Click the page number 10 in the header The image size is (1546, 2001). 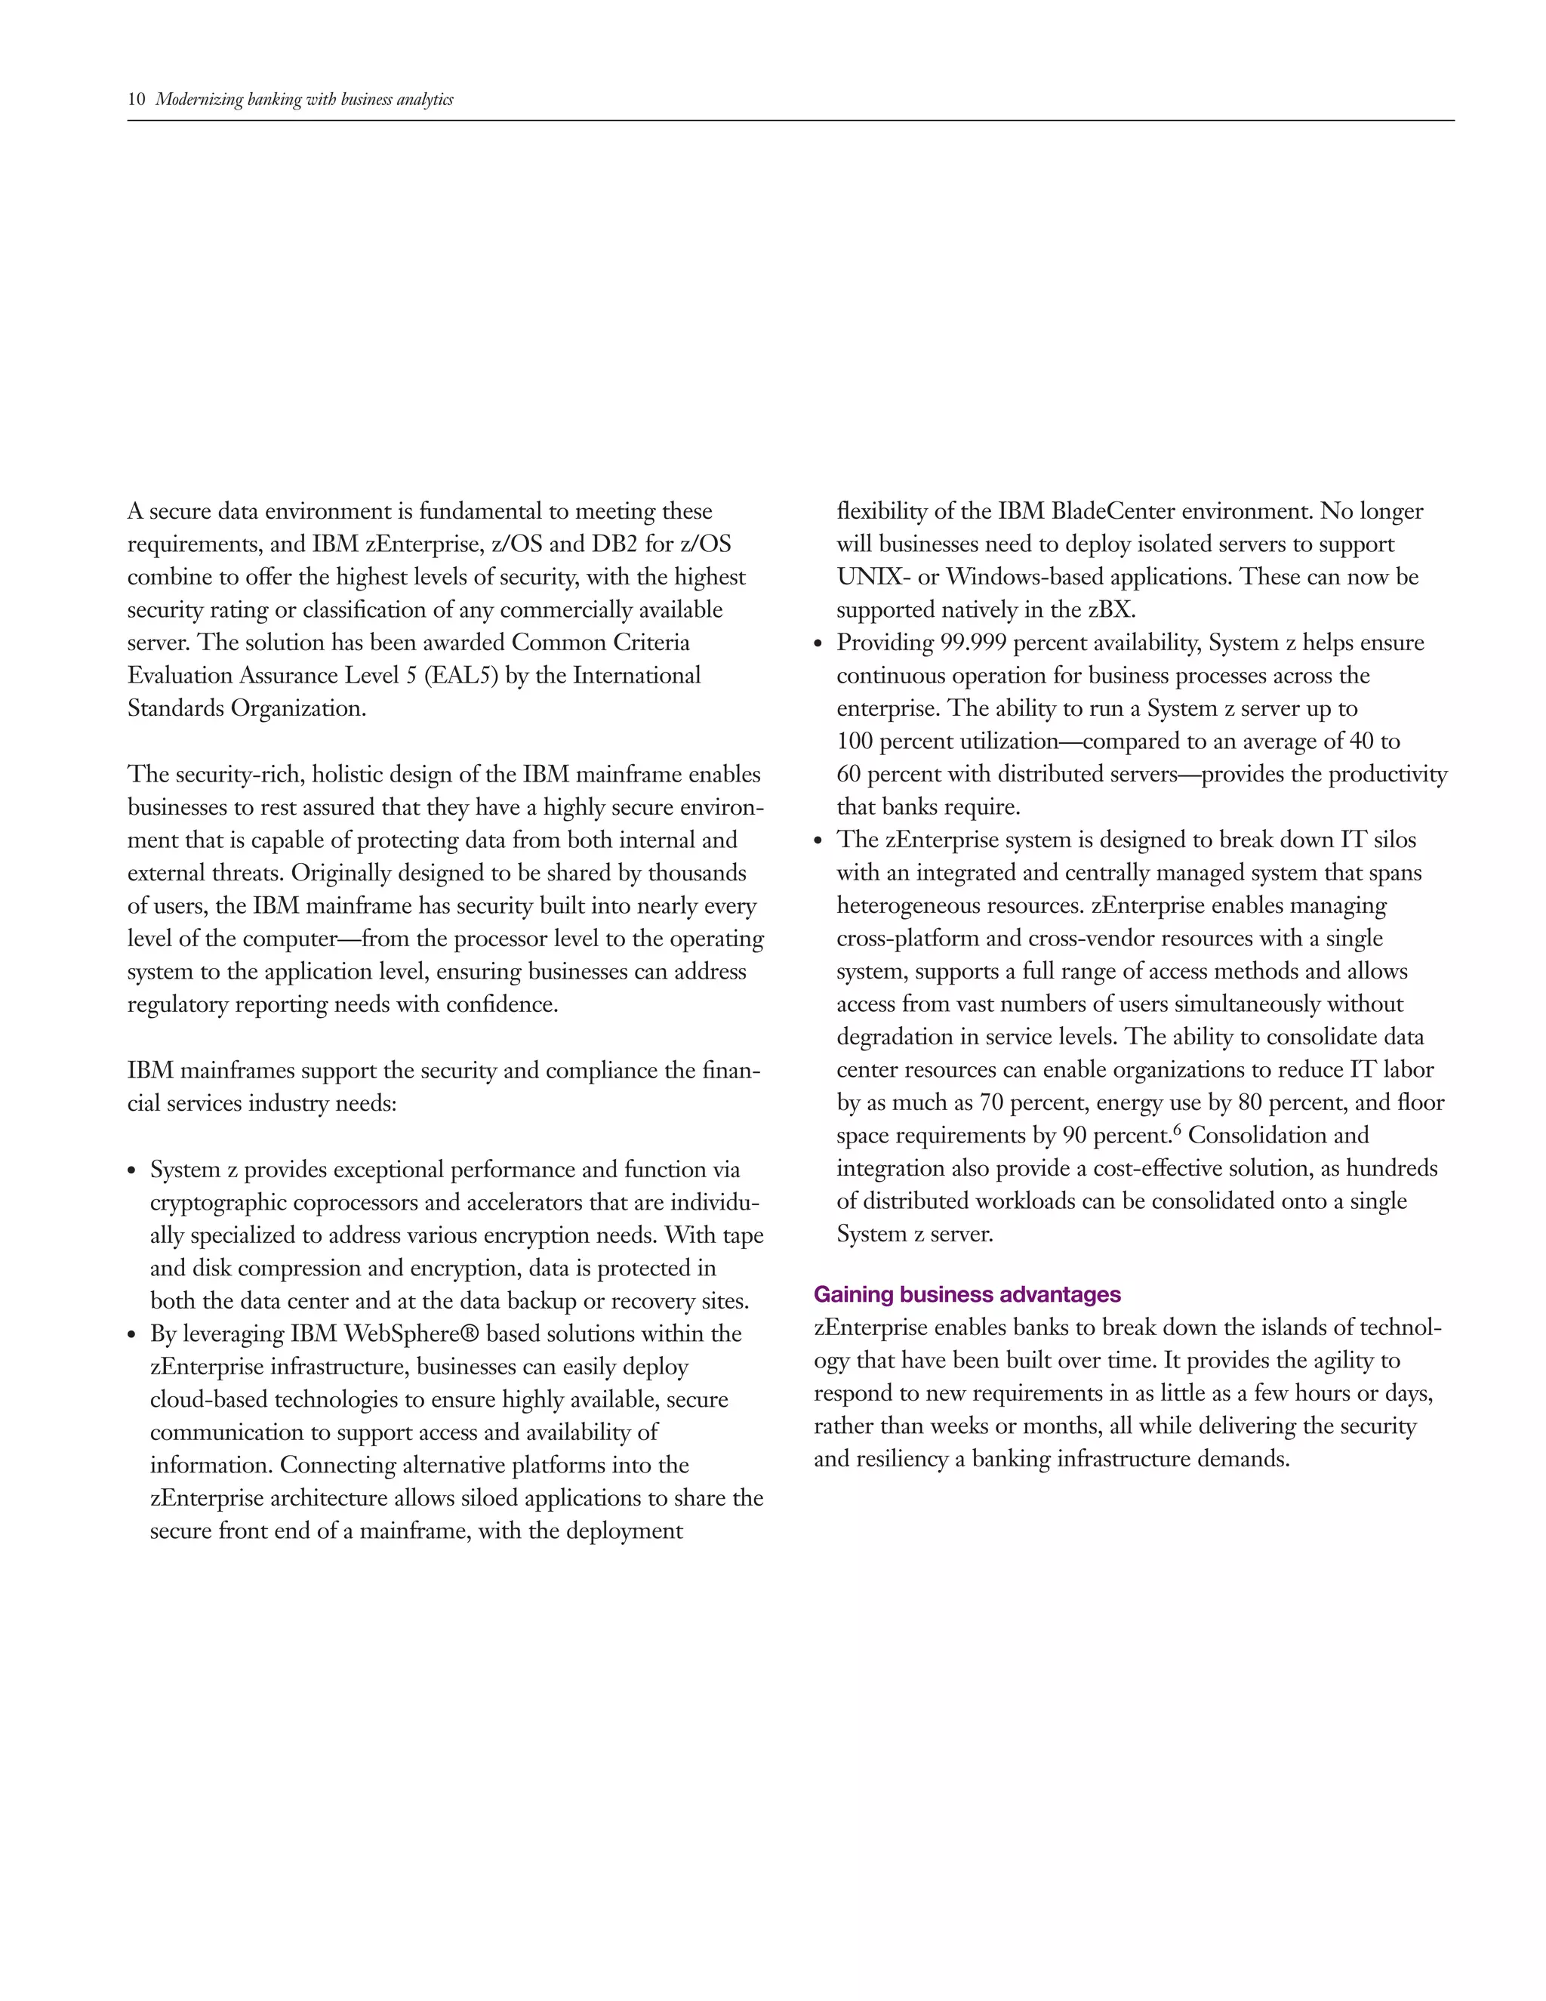click(x=137, y=100)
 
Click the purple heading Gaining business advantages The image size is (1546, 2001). click(x=966, y=1293)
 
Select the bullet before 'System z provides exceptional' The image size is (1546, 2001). click(x=133, y=1171)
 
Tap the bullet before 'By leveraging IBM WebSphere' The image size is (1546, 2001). click(x=133, y=1335)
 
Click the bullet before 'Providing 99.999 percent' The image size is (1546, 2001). click(x=820, y=644)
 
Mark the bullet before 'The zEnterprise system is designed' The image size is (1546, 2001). click(x=820, y=841)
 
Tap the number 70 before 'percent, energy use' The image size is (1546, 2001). click(x=991, y=1102)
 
